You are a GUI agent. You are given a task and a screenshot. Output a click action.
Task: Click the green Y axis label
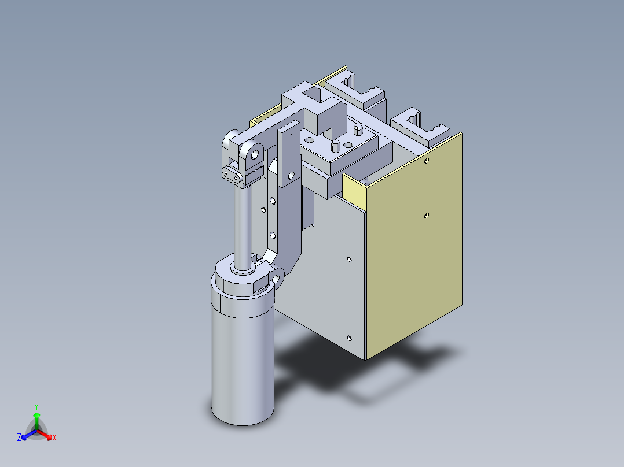coord(36,406)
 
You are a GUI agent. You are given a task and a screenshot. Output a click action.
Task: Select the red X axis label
coord(54,438)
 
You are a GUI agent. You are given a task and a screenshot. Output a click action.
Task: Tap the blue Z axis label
coord(19,438)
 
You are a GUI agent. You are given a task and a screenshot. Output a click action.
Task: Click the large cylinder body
coord(242,358)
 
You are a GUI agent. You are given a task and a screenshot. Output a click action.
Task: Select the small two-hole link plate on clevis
coord(233,174)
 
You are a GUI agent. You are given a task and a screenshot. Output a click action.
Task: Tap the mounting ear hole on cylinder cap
coord(277,280)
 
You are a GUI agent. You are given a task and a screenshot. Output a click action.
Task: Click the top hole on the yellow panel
coord(427,161)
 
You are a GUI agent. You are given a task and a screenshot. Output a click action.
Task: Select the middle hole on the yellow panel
coord(426,216)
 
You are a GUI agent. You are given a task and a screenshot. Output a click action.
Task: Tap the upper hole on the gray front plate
coord(349,259)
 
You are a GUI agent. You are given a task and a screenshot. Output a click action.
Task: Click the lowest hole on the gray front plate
coord(349,338)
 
